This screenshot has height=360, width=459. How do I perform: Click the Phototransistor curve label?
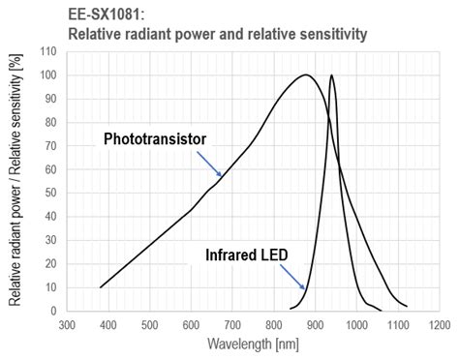(x=155, y=138)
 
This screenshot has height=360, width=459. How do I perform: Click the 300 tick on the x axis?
(x=66, y=324)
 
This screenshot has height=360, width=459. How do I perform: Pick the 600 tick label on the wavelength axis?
(x=191, y=324)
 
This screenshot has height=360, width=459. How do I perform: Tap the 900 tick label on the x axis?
(x=315, y=324)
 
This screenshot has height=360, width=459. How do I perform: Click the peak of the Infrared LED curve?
(x=331, y=75)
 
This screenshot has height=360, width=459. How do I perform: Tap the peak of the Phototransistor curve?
(x=306, y=75)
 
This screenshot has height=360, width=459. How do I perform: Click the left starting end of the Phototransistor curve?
(x=101, y=287)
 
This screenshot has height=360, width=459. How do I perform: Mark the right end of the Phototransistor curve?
(x=406, y=304)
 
